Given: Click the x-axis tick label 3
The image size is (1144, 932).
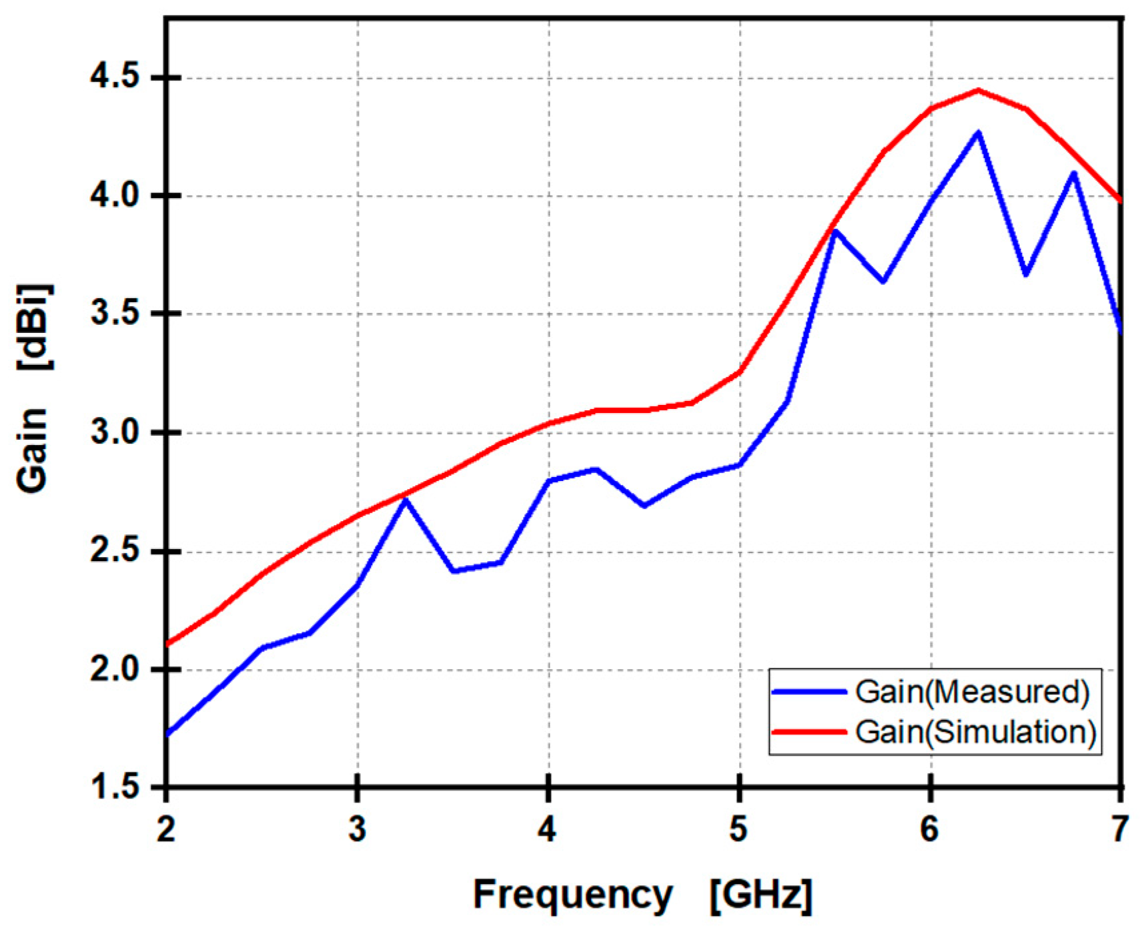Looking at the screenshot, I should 358,829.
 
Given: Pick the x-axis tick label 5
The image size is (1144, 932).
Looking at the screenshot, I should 738,829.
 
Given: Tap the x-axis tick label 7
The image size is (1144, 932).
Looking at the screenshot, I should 1119,829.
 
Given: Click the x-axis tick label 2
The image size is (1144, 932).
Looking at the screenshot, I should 166,829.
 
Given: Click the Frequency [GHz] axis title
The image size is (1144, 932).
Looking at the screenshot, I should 642,894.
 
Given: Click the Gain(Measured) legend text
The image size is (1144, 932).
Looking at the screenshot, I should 972,692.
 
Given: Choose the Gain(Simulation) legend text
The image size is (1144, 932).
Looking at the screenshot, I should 975,732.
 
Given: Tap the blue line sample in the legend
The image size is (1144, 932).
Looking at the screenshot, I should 809,692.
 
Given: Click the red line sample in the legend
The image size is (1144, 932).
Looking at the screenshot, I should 809,732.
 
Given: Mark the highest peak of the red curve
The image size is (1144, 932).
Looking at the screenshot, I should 978,90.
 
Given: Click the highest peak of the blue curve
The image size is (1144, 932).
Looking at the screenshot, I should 978,133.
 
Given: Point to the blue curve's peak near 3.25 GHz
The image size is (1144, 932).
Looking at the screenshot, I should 405,500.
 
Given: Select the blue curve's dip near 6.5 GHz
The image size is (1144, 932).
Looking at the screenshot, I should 1026,274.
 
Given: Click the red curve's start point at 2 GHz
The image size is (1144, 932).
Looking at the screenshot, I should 167,644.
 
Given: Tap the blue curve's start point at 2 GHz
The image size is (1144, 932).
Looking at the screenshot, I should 167,734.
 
